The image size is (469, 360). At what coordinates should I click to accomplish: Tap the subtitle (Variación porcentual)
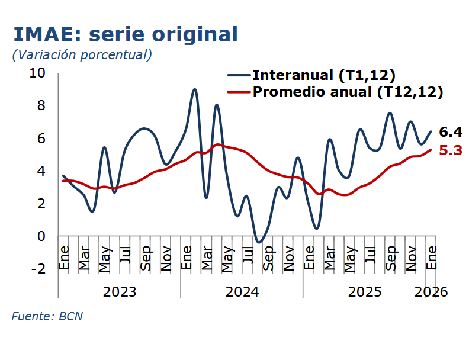pos(82,54)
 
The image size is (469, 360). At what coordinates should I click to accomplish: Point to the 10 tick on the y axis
pos(37,73)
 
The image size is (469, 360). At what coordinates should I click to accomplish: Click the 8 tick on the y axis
pos(41,105)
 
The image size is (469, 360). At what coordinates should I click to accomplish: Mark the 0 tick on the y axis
pos(41,236)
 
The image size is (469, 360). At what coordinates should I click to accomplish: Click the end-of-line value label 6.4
pos(450,131)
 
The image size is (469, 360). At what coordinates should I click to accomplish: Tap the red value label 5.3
pos(450,150)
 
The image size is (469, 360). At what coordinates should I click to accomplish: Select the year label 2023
pos(120,292)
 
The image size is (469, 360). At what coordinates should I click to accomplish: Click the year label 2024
pos(242,292)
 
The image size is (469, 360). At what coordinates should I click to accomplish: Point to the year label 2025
pos(365,292)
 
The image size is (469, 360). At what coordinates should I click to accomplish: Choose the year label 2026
pos(431,292)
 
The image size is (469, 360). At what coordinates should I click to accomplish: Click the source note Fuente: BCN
pos(47,316)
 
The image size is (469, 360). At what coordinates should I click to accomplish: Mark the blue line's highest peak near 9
pos(195,89)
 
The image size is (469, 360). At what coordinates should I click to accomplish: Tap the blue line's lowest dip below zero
pos(258,242)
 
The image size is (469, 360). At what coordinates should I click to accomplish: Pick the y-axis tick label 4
pos(41,171)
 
